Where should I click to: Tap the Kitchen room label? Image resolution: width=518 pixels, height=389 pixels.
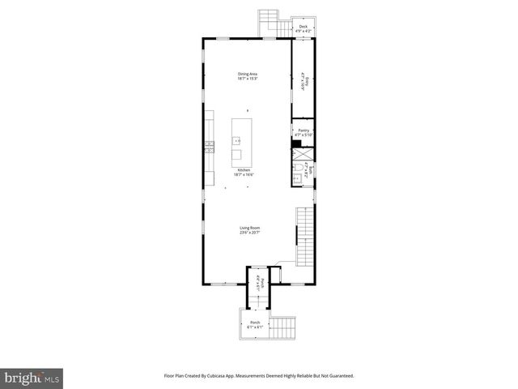click(243, 170)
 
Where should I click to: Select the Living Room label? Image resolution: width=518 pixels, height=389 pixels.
click(248, 229)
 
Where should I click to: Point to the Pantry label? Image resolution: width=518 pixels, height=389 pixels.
click(304, 130)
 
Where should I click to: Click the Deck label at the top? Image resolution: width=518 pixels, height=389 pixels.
click(303, 27)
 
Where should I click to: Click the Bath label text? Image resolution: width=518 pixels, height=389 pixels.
click(309, 173)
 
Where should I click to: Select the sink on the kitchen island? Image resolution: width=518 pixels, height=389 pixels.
click(239, 140)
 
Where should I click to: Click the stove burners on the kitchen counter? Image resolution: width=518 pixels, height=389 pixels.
click(209, 147)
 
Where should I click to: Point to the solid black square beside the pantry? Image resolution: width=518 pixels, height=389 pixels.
click(295, 145)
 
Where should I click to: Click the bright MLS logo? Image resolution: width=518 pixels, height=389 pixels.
click(32, 377)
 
